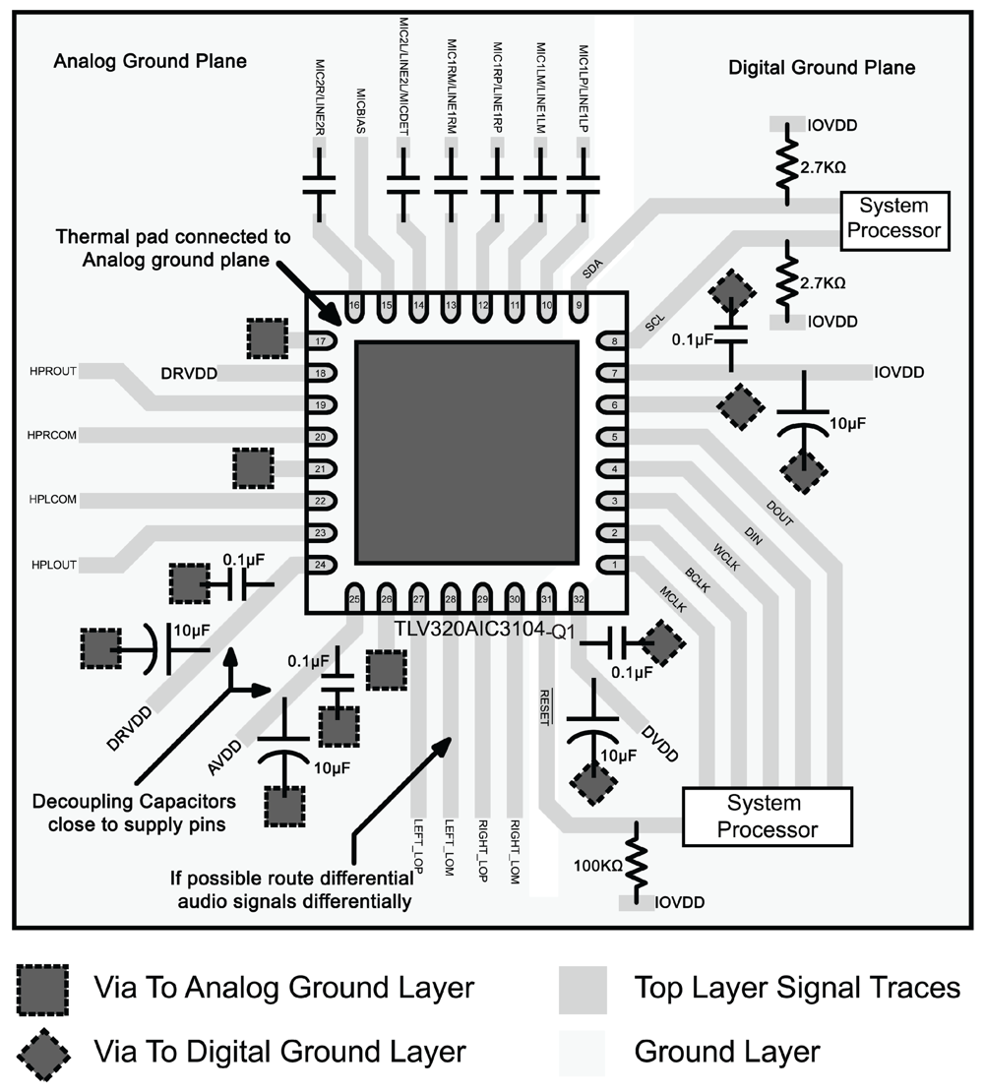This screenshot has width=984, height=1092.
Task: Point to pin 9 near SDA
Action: tap(579, 306)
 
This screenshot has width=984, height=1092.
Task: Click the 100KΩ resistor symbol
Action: tap(637, 863)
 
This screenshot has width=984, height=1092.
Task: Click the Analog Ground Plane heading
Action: tap(149, 62)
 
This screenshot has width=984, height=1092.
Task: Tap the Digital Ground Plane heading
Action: tap(821, 68)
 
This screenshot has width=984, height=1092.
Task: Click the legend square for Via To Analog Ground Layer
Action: tap(43, 988)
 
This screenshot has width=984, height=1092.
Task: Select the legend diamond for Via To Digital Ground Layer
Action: tap(43, 1052)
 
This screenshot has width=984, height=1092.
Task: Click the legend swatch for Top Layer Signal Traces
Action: tap(584, 988)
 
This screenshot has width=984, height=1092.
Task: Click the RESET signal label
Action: tap(544, 706)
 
